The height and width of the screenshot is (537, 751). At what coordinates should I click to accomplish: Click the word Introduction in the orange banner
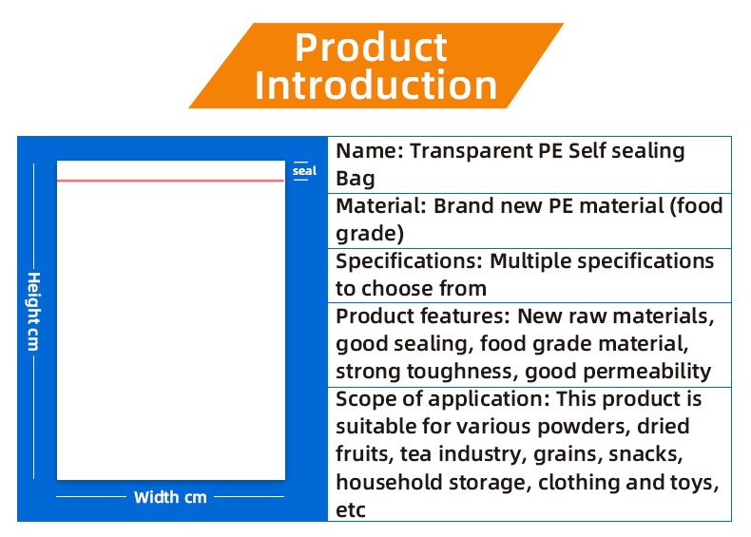tap(376, 86)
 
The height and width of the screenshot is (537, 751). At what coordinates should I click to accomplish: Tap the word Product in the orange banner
tap(371, 47)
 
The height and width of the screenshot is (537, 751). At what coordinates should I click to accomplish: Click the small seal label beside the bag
tap(304, 170)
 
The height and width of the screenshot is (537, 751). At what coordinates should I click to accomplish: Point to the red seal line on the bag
tap(170, 181)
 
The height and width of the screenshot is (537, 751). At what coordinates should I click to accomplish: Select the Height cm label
tap(34, 312)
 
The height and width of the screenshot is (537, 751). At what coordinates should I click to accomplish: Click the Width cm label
tap(170, 497)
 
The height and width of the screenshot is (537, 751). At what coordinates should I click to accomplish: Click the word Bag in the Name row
tap(356, 179)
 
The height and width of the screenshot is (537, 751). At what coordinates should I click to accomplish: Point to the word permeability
tap(647, 372)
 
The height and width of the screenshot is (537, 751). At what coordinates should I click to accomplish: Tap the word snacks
tap(645, 454)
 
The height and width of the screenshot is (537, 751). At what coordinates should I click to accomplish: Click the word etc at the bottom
tap(351, 510)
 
